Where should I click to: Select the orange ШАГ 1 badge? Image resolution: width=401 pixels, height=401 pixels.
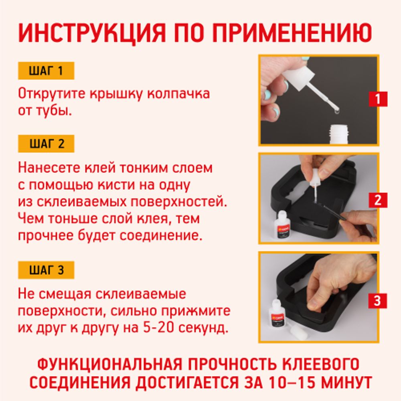click(x=46, y=71)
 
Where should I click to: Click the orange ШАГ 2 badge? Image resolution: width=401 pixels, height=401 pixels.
click(x=46, y=144)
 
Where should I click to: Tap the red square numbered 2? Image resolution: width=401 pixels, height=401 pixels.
click(x=378, y=200)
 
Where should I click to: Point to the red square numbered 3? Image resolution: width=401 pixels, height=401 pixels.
click(x=378, y=300)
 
